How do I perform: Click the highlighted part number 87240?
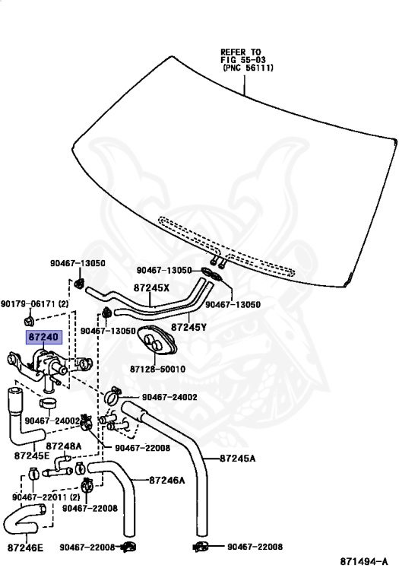(43, 337)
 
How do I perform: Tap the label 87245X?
(151, 288)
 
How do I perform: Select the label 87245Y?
(188, 328)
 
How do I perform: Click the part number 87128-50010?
(157, 369)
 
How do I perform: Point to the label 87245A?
(237, 458)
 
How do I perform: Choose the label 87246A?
(167, 481)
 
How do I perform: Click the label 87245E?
(32, 455)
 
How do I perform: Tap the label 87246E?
(25, 547)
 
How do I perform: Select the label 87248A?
(64, 446)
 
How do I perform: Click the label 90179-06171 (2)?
(35, 304)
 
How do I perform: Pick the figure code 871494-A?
(364, 561)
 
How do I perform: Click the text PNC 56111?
(249, 68)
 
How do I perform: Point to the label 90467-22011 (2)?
(46, 497)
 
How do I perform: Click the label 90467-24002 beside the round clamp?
(169, 397)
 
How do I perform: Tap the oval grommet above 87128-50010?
(157, 340)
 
